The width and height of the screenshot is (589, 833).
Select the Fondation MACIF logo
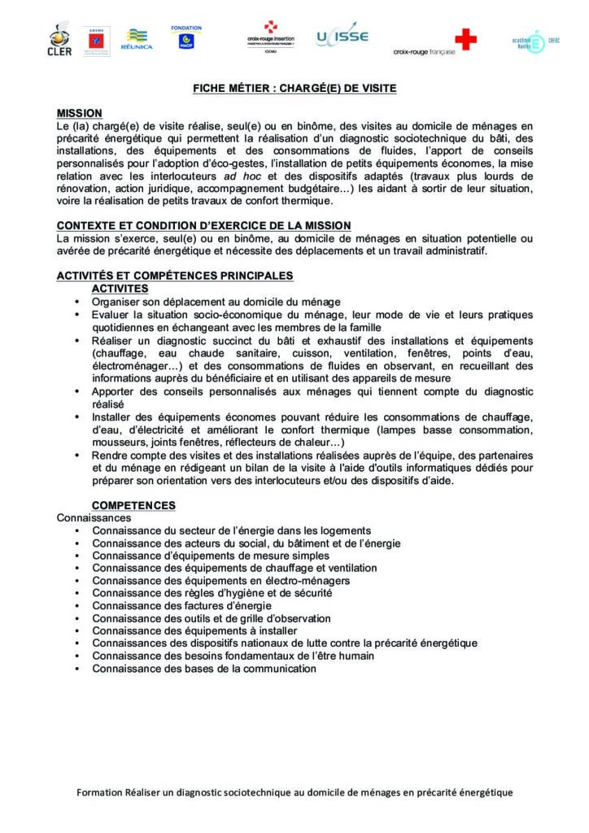(186, 37)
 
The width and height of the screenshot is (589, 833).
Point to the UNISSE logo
(342, 37)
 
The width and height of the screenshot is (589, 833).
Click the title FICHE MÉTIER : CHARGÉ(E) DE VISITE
(294, 88)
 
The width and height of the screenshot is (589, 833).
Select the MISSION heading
(79, 113)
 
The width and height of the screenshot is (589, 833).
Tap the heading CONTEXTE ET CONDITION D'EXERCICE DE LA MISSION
(203, 225)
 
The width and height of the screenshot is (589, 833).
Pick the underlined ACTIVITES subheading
(120, 288)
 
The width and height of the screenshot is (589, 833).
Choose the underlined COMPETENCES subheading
(133, 505)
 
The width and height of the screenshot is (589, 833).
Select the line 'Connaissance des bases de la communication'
(203, 669)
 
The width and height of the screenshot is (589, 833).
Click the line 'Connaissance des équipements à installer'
(194, 631)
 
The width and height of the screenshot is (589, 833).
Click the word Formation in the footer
(102, 792)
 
